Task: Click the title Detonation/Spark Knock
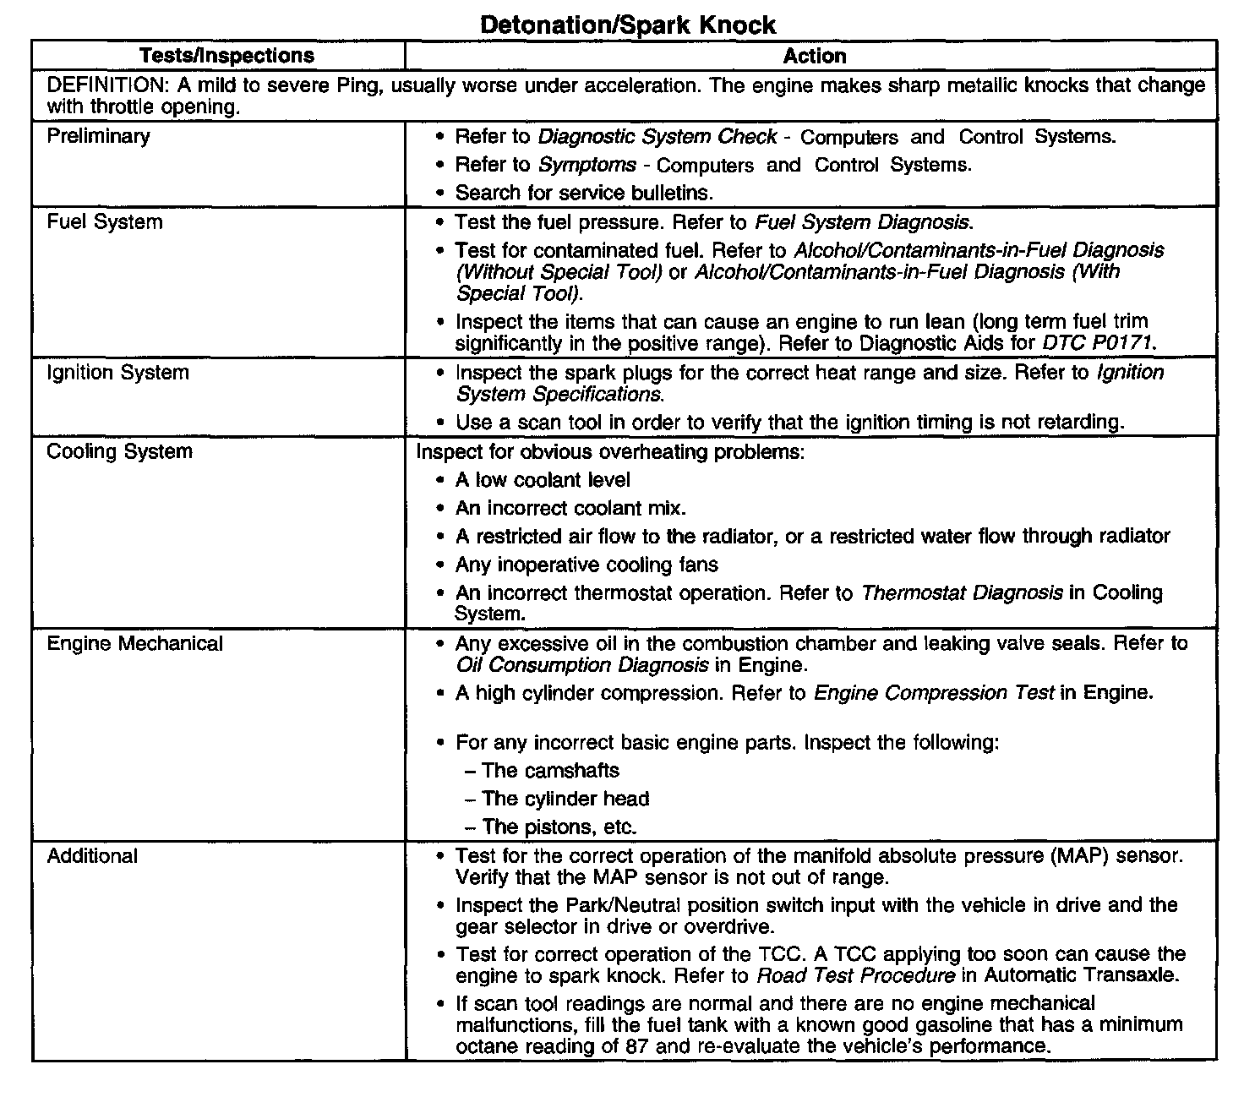point(627,25)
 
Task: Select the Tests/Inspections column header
point(226,56)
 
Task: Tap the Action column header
point(814,56)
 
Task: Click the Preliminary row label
point(98,136)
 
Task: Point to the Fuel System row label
point(105,222)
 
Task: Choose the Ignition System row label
point(117,373)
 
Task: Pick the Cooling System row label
point(119,451)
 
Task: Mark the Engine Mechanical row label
point(134,644)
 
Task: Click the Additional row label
point(92,856)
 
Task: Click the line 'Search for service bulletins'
point(584,193)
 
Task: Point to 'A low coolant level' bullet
point(543,480)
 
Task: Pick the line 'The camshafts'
point(549,771)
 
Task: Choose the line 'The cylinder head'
point(565,799)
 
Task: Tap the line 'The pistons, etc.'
point(559,827)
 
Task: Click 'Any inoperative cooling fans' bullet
point(587,565)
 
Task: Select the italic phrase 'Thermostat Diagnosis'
point(961,593)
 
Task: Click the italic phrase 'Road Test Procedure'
point(855,976)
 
